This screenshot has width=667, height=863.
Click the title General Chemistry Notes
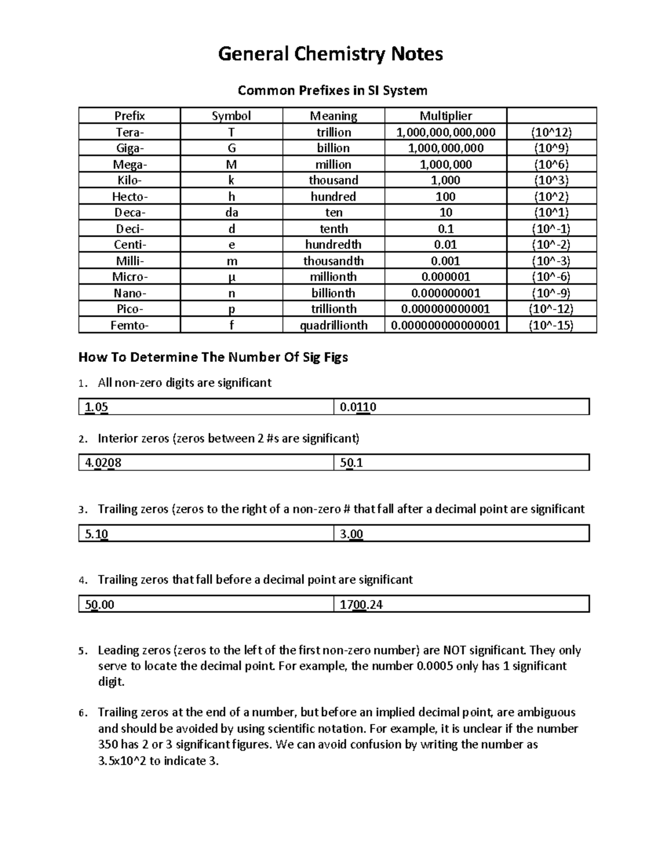click(330, 54)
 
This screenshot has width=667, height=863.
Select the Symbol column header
click(231, 116)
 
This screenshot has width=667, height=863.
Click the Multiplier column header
click(445, 116)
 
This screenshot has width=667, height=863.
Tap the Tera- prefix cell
click(130, 132)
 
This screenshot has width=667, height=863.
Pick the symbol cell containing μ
click(231, 277)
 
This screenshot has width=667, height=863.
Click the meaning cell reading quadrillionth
click(333, 325)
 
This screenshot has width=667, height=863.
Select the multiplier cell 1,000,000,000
click(445, 148)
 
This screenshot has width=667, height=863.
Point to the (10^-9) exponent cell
click(551, 293)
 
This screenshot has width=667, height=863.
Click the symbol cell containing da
click(231, 212)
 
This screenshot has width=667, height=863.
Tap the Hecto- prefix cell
click(130, 196)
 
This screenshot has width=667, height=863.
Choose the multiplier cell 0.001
click(445, 261)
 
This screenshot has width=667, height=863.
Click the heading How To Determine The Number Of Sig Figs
click(213, 357)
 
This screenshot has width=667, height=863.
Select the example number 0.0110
click(358, 407)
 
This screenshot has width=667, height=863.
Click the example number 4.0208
click(103, 463)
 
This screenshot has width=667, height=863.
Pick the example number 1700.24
click(361, 605)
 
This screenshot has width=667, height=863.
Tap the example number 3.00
click(351, 534)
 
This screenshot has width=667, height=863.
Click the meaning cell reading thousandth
click(333, 261)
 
